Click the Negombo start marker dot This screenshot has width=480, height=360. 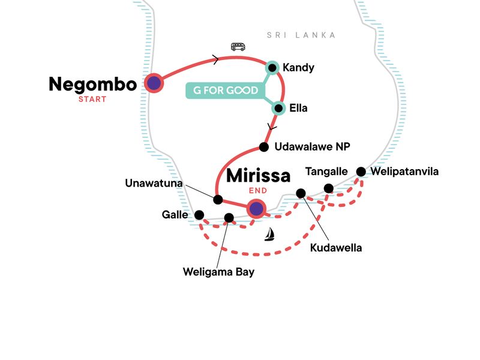[154, 83]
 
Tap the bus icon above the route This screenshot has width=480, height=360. [238, 47]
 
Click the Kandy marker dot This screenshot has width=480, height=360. [272, 68]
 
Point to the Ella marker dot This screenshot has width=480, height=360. [278, 109]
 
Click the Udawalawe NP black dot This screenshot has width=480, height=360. [263, 147]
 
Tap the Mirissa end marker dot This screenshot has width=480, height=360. [256, 208]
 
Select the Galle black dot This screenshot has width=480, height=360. [199, 215]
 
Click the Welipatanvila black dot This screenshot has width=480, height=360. [361, 172]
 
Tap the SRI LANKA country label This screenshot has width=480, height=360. [301, 35]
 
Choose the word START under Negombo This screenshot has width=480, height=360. [92, 99]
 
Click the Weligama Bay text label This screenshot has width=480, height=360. [219, 272]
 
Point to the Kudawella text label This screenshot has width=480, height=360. [337, 247]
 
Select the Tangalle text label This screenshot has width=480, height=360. [326, 172]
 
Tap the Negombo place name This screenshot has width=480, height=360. [92, 84]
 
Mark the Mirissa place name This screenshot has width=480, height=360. [258, 176]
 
